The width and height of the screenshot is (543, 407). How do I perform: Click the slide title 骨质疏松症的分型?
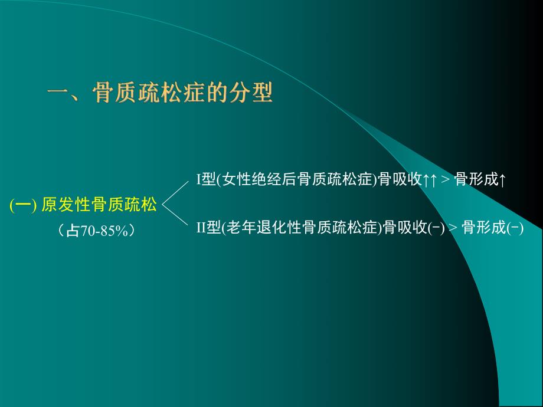[x=182, y=93]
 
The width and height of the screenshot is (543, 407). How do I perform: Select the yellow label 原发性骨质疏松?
[x=100, y=205]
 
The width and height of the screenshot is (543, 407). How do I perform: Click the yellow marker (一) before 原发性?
[x=24, y=205]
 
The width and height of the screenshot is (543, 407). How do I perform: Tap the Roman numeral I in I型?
[x=199, y=180]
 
